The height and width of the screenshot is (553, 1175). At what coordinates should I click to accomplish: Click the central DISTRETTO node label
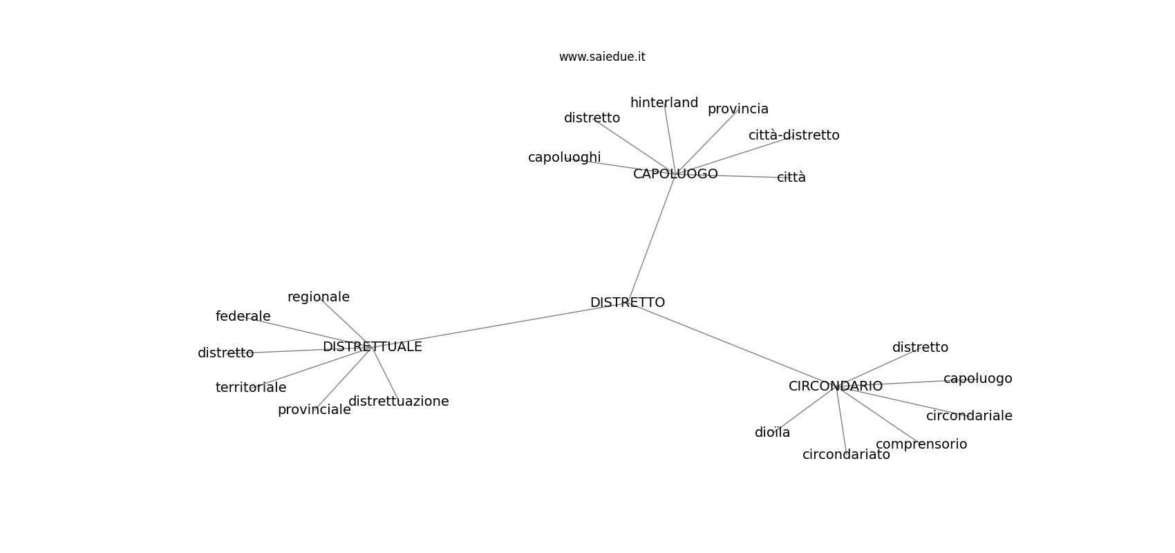tap(628, 303)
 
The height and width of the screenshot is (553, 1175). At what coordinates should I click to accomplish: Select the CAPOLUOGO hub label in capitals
tap(676, 174)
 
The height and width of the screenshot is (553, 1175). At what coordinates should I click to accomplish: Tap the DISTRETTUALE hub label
tap(373, 347)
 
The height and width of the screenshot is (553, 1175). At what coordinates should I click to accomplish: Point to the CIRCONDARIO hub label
tap(836, 386)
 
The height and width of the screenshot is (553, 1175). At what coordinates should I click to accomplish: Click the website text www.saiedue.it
tap(602, 57)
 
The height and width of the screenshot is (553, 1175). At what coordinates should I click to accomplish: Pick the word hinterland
tap(664, 103)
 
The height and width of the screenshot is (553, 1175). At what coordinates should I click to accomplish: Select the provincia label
tap(738, 109)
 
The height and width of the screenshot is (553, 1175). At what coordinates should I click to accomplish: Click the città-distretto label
tap(794, 135)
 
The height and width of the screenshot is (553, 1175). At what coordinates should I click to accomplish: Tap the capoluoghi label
tap(565, 158)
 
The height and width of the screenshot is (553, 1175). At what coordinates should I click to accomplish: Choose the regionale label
tap(319, 297)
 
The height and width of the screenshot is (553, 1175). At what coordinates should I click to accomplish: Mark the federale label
tap(243, 317)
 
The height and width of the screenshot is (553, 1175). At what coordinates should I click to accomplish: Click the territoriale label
tap(251, 388)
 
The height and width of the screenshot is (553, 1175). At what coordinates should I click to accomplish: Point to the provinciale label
tap(314, 410)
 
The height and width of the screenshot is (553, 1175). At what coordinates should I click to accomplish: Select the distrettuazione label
tap(399, 402)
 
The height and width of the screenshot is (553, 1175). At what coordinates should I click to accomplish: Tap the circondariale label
tap(969, 416)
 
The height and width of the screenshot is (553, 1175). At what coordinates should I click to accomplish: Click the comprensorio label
tap(921, 444)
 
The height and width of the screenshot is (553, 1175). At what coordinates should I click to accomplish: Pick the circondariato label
tap(846, 455)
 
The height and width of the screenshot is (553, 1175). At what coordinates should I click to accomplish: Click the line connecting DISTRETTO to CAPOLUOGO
tap(652, 238)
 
